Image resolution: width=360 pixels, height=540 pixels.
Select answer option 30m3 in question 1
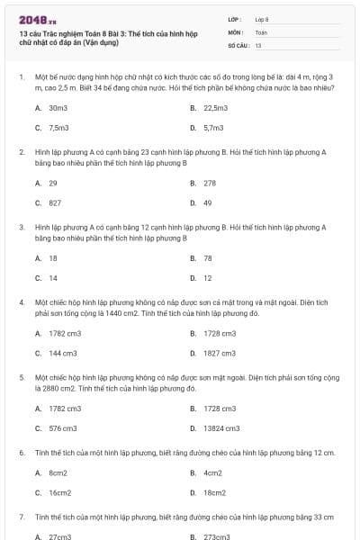tap(58, 107)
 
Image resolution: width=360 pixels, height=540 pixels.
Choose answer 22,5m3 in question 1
tap(215, 107)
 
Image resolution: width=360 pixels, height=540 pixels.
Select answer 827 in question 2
tap(55, 202)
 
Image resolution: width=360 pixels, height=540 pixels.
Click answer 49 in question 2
tap(208, 202)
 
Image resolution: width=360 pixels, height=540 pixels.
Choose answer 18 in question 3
tap(53, 258)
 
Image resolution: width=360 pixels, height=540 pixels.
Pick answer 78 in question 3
tap(208, 258)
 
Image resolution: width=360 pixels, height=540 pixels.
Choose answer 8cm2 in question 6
tap(58, 472)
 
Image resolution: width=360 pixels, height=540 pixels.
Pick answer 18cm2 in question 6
tap(214, 492)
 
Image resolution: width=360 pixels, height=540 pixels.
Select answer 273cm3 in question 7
tap(217, 536)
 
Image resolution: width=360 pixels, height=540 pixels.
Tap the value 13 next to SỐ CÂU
tap(259, 44)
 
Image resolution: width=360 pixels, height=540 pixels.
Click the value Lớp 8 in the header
tap(263, 19)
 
